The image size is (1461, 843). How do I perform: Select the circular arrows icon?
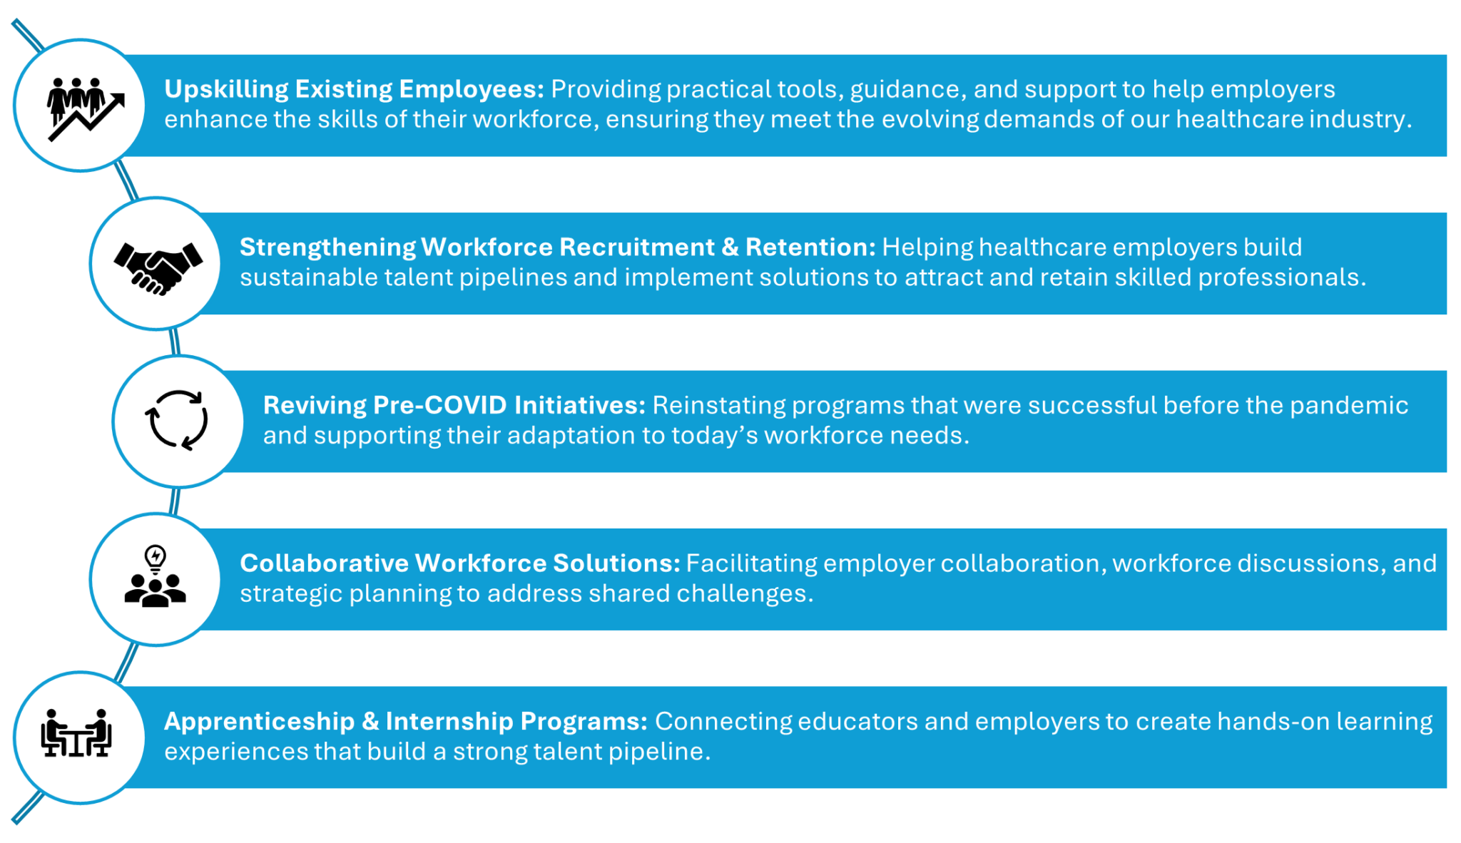177,420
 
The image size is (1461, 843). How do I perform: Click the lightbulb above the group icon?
156,557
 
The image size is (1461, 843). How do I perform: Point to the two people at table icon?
76,732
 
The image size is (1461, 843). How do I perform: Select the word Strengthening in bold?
327,247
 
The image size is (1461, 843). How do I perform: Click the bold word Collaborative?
325,563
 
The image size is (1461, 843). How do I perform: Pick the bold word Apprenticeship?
259,722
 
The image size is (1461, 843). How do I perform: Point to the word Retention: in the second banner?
810,247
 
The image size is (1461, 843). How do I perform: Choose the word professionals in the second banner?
1278,277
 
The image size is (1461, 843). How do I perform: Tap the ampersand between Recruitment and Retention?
730,247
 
